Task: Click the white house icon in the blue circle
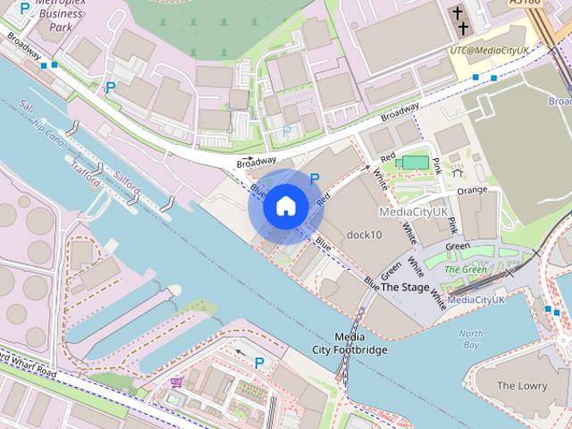coord(285,206)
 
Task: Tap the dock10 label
coord(364,235)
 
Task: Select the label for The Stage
coord(405,287)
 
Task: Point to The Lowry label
coord(521,385)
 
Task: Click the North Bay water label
coord(470,339)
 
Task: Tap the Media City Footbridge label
coord(349,343)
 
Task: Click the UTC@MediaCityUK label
coord(491,53)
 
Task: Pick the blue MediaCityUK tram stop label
coord(476,300)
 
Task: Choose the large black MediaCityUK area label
coord(413,212)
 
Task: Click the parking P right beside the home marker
coord(315,180)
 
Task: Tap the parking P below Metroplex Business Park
coord(110,88)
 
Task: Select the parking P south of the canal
coord(259,362)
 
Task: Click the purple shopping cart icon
coord(176,383)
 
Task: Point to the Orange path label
coord(472,190)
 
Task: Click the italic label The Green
coord(465,269)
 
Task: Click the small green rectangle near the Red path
coord(414,162)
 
